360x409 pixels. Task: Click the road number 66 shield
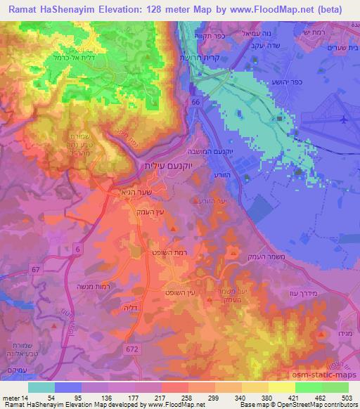pos(193,103)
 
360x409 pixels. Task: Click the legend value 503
pos(347,398)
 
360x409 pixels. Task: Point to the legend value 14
pos(25,398)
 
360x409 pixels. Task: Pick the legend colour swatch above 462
pos(308,387)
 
